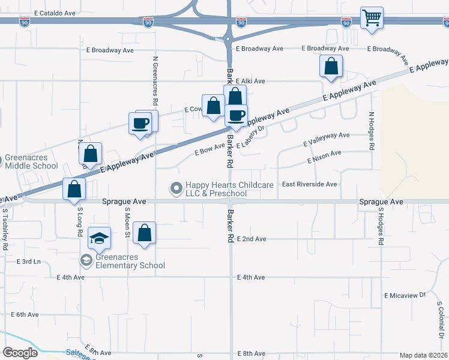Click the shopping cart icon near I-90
372,17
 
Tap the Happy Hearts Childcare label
216,189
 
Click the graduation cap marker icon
99,238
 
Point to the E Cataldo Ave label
55,13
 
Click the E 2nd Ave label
251,239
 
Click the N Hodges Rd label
372,131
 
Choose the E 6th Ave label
24,314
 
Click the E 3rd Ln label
28,262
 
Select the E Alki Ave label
250,81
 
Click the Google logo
20,352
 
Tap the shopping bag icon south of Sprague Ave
144,233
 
